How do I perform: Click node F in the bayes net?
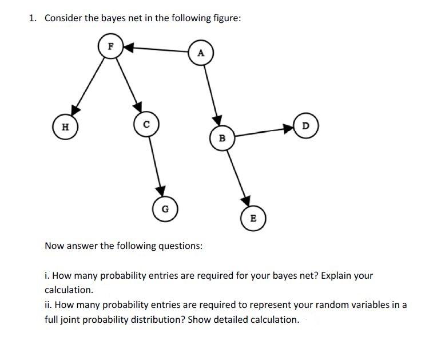(x=110, y=46)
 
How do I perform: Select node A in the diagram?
(x=200, y=53)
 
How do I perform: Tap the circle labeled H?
(x=65, y=126)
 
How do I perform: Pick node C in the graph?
(x=146, y=124)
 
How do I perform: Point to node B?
(x=223, y=138)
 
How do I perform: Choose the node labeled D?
(x=305, y=125)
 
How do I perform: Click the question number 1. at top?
(x=33, y=18)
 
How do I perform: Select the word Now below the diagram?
(x=54, y=246)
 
